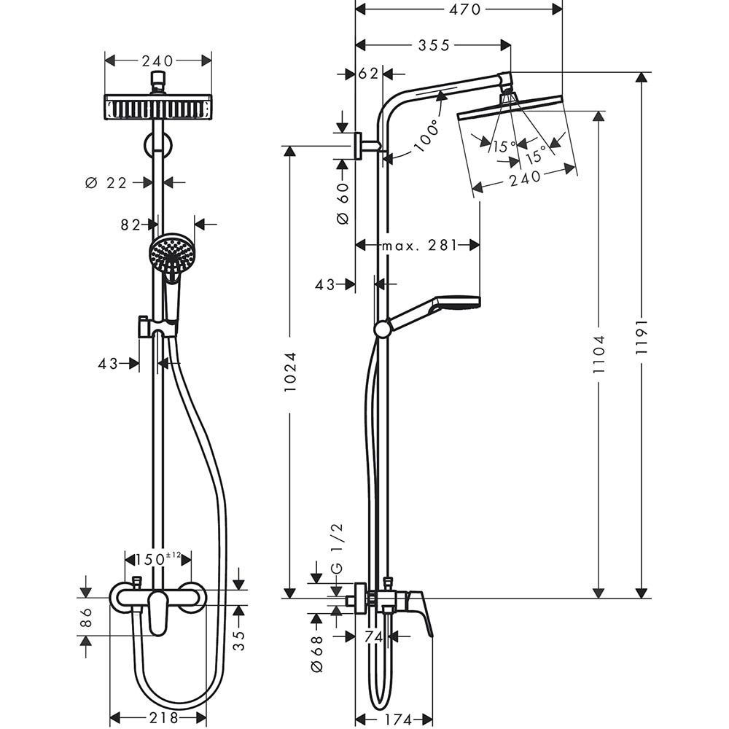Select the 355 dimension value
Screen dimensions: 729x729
434,45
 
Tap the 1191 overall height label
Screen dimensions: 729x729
642,337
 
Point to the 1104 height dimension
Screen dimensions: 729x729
599,354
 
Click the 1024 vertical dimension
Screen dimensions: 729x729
290,373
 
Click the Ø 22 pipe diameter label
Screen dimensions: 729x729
106,183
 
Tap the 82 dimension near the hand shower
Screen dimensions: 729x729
130,225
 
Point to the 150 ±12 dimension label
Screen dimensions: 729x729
157,559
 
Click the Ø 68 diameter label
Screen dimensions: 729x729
316,653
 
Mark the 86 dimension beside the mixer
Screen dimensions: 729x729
86,617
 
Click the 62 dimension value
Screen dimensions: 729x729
370,74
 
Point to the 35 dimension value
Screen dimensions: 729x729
239,639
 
